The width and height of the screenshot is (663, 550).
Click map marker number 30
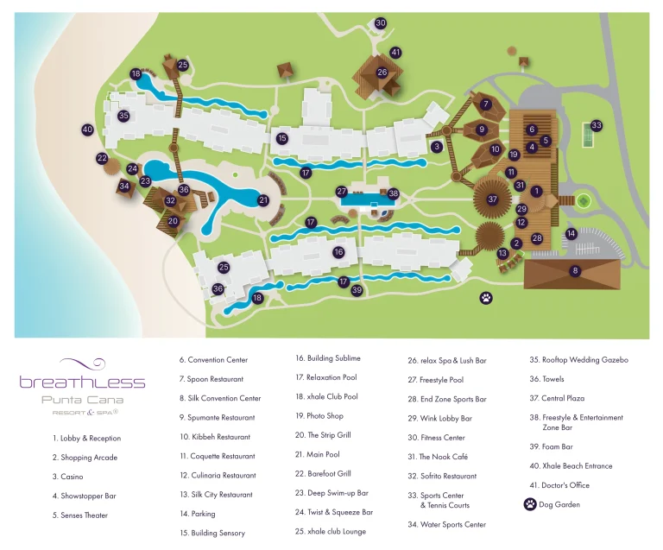[380, 23]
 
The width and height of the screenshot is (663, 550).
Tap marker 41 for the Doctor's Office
[395, 53]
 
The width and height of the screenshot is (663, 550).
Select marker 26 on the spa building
[382, 73]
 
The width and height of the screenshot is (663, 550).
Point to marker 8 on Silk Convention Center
[575, 271]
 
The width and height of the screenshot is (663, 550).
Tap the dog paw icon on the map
[487, 298]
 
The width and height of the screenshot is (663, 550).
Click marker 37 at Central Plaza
[493, 199]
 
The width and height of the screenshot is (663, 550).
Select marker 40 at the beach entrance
[87, 130]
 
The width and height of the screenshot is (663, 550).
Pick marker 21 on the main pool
[263, 200]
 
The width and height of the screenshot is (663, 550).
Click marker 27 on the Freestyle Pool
[342, 192]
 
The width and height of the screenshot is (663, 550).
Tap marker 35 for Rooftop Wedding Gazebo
[123, 116]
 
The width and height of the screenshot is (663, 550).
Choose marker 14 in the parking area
[571, 233]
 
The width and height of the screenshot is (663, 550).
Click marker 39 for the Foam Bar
[357, 290]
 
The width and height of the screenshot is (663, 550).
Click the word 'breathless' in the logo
[82, 382]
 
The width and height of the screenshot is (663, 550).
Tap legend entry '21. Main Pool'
[324, 454]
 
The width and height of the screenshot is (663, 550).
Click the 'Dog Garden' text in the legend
[559, 505]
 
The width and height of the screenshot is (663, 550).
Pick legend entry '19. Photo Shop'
[319, 416]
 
